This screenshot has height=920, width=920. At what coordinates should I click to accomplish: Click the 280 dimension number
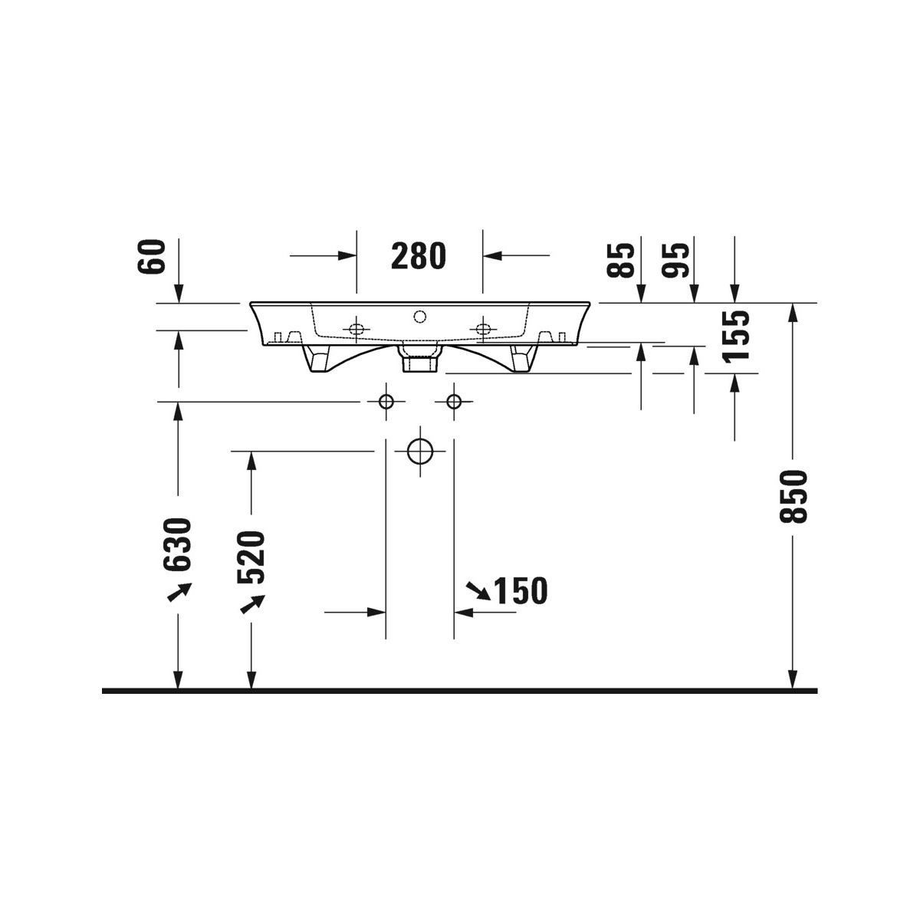tap(419, 256)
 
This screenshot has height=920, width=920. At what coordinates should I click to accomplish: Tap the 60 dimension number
tap(151, 256)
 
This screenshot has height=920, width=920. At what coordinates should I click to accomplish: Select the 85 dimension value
tap(620, 260)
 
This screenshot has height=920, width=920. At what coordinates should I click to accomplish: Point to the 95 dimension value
tap(675, 260)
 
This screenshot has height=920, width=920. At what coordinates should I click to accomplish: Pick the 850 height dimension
tap(793, 497)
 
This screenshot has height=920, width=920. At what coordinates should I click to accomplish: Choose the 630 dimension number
tap(177, 545)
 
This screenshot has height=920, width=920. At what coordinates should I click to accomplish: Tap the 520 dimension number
tap(251, 557)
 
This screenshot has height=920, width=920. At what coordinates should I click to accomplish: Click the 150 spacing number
tap(521, 590)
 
